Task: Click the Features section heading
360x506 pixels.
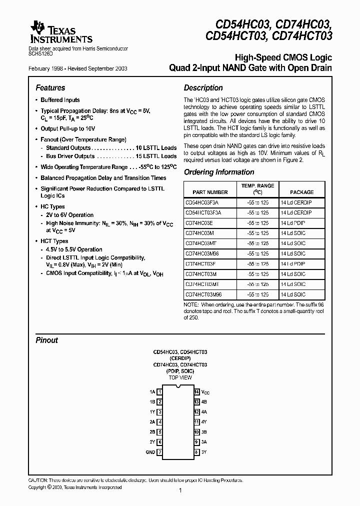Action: pos(50,87)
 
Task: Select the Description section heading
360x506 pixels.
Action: pos(203,87)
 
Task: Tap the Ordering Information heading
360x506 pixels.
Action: pos(219,172)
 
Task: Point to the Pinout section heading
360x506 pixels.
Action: pos(46,340)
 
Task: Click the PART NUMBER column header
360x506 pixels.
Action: pos(209,192)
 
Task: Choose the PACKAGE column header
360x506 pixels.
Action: pos(302,192)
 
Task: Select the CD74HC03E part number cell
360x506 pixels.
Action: pos(199,223)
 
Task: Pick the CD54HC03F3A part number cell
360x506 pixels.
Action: pos(202,202)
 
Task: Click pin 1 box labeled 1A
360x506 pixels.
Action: pos(159,392)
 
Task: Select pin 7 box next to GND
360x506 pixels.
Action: pos(159,452)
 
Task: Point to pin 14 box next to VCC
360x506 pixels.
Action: pos(197,392)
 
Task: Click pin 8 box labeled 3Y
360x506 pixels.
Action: pos(197,452)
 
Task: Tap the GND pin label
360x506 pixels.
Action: pos(150,452)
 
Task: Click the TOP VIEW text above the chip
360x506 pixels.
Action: pos(180,377)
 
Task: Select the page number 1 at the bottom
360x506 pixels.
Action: pos(179,491)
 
